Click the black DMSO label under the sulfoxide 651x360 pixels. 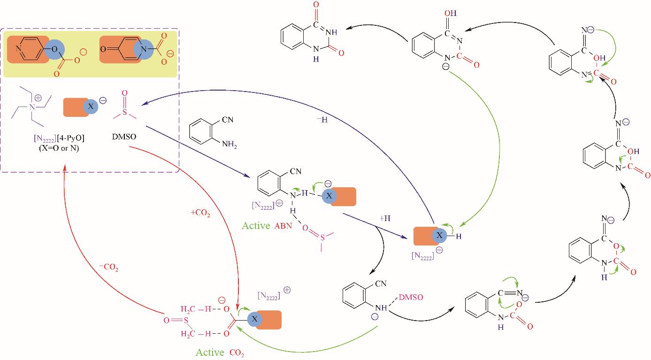pyautogui.click(x=124, y=137)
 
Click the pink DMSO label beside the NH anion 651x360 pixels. pyautogui.click(x=411, y=297)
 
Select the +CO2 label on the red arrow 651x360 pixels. pyautogui.click(x=200, y=213)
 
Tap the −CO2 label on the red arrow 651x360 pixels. pyautogui.click(x=108, y=267)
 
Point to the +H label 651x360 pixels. pyautogui.click(x=385, y=218)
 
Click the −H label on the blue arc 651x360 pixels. pyautogui.click(x=322, y=119)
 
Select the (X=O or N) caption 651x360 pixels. pyautogui.click(x=59, y=148)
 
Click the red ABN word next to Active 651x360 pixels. pyautogui.click(x=283, y=226)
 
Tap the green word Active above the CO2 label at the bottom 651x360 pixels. pyautogui.click(x=210, y=352)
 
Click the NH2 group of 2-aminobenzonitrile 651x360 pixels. pyautogui.click(x=230, y=144)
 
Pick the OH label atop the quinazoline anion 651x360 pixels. pyautogui.click(x=451, y=13)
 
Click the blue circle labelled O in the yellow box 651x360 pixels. pyautogui.click(x=54, y=49)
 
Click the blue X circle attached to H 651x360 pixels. pyautogui.click(x=439, y=235)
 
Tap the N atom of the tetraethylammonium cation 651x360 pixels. pyautogui.click(x=32, y=107)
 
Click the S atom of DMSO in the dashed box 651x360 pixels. pyautogui.click(x=125, y=112)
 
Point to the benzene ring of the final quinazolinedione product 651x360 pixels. pyautogui.click(x=293, y=37)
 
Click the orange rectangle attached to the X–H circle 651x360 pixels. pyautogui.click(x=424, y=236)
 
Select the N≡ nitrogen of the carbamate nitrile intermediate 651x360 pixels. pyautogui.click(x=520, y=293)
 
